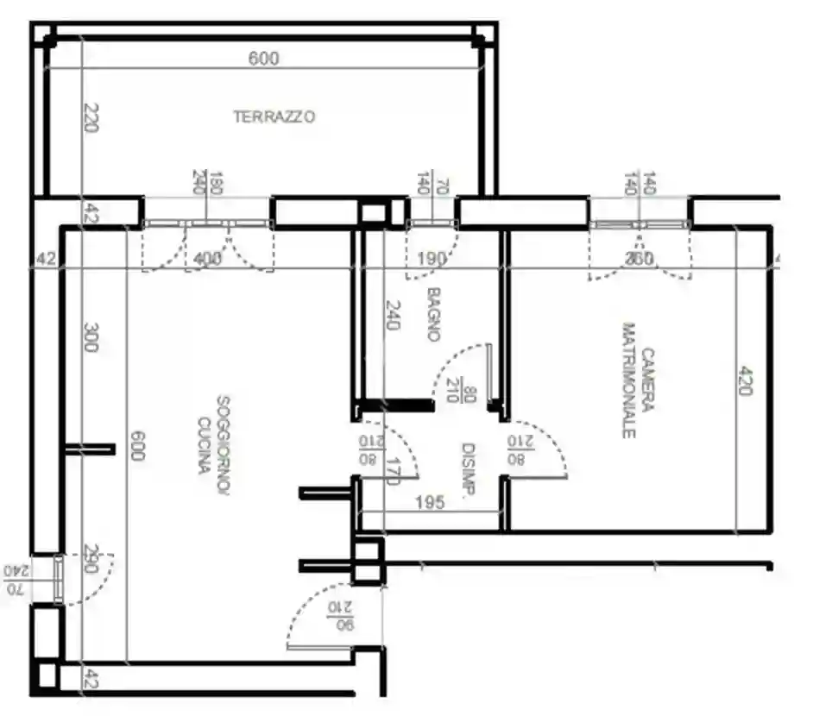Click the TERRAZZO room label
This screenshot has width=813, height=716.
point(274,116)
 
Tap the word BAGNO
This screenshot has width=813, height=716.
point(433,314)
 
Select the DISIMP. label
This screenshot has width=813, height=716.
point(469,470)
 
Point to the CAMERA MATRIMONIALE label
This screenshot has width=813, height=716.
point(640,380)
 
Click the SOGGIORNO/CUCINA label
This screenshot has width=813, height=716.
point(213,436)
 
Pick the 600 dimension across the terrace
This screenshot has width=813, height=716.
point(264,59)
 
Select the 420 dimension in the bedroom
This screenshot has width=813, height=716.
point(744,380)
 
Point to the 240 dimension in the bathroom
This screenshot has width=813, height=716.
point(393,316)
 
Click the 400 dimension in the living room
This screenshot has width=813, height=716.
point(208,258)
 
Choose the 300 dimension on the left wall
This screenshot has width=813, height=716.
point(91,337)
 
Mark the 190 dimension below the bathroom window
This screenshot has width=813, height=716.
point(431,258)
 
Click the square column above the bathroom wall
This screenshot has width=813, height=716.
point(374,212)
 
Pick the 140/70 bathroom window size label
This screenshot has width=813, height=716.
point(432,183)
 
